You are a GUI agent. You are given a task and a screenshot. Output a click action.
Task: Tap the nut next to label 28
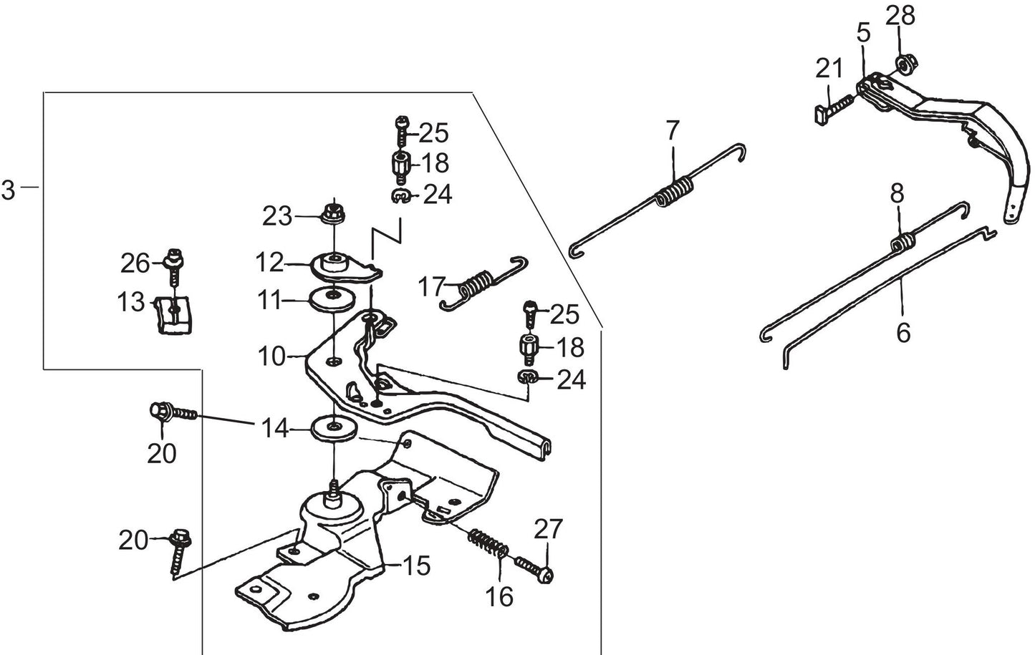(904, 65)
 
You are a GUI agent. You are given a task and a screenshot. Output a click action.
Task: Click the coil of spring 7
(675, 192)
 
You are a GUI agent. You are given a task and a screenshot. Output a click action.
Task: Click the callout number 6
(904, 333)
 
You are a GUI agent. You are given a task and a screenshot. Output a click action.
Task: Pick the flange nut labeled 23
(331, 212)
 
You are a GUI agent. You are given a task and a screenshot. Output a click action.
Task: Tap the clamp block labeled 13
(175, 314)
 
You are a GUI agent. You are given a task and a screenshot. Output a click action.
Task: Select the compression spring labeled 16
(489, 545)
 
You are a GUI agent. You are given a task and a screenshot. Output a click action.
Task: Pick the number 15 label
(417, 566)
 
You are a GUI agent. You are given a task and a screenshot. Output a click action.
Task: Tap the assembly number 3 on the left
(8, 190)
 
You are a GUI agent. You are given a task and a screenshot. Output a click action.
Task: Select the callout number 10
(272, 356)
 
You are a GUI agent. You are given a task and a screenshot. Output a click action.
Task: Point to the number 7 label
(671, 132)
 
